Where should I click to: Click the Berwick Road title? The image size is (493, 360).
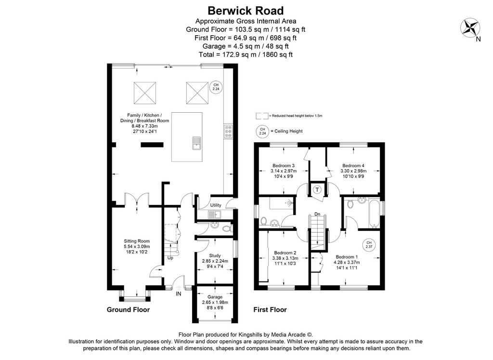[x=246, y=11]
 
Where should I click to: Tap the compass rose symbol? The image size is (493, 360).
[x=470, y=27]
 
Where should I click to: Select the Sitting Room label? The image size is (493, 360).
[x=137, y=241]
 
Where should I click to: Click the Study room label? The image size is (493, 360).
[x=215, y=255]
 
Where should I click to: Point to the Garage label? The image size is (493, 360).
[x=215, y=297]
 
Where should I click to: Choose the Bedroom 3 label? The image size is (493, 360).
[x=284, y=165]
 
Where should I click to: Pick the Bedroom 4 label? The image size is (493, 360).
[x=353, y=165]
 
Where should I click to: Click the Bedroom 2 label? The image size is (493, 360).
[x=285, y=253]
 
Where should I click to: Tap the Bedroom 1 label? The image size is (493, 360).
[x=347, y=257]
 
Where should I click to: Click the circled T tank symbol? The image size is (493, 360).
[x=317, y=189]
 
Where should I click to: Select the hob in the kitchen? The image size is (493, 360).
[x=228, y=131]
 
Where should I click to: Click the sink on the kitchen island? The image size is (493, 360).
[x=196, y=144]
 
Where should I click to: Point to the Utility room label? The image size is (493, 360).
[x=216, y=205]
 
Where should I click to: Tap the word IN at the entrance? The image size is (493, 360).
[x=179, y=294]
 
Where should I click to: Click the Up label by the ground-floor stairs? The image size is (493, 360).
[x=170, y=258]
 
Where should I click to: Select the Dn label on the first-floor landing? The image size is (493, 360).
[x=317, y=214]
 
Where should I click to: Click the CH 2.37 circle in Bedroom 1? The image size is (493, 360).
[x=369, y=244]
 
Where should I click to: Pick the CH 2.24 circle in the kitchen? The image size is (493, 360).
[x=216, y=87]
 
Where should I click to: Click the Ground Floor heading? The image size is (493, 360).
[x=128, y=310]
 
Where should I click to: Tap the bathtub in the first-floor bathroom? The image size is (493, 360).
[x=375, y=213]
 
